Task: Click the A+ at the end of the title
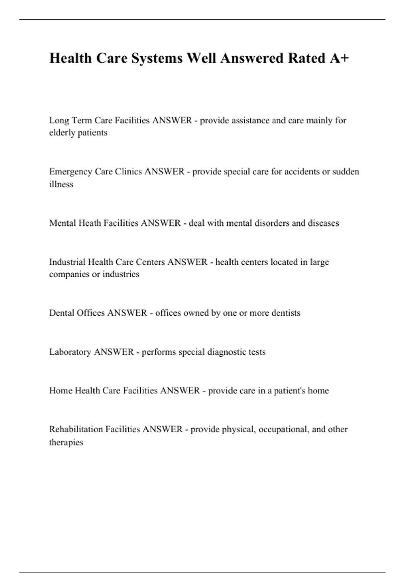pyautogui.click(x=339, y=58)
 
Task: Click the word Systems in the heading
pyautogui.click(x=157, y=58)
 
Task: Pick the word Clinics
pyautogui.click(x=128, y=172)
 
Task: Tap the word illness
pyautogui.click(x=61, y=184)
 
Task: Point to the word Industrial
pyautogui.click(x=67, y=262)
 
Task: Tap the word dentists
pyautogui.click(x=286, y=313)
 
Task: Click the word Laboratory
pyautogui.click(x=70, y=352)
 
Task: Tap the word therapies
pyautogui.click(x=66, y=442)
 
